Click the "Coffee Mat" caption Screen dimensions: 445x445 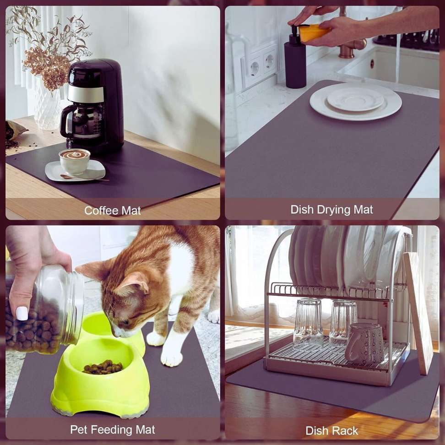tap(112, 211)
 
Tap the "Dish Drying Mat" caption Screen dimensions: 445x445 tap(331, 210)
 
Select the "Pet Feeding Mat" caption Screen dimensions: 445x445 tap(112, 430)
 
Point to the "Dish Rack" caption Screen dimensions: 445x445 tap(331, 430)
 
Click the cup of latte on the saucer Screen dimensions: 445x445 tap(74, 161)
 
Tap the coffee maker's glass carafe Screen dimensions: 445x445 tap(82, 122)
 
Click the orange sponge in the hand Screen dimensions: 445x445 tap(314, 33)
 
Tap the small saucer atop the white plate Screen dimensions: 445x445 tap(355, 99)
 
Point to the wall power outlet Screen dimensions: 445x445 tap(260, 67)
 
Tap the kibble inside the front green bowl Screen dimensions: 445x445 tap(103, 367)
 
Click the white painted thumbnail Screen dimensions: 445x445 tap(22, 313)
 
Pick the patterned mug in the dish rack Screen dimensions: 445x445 tap(364, 344)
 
